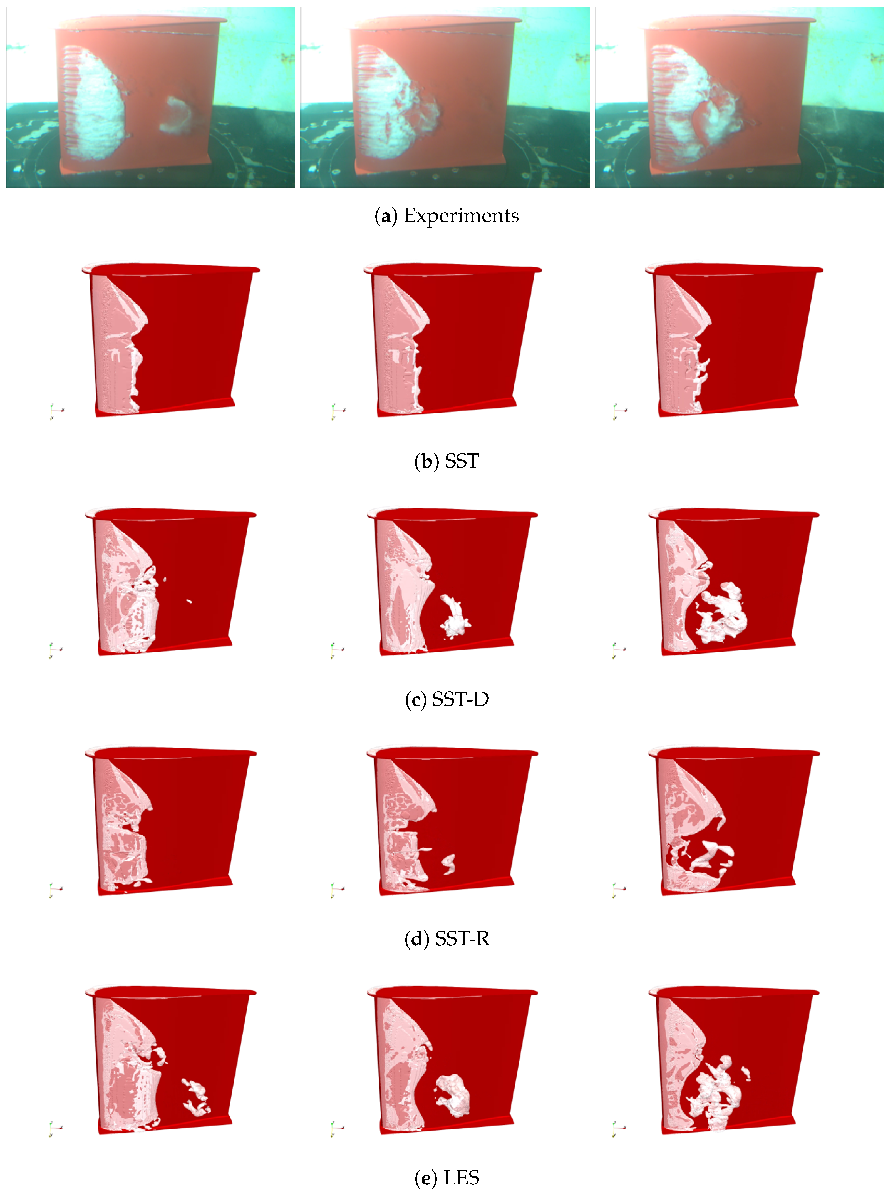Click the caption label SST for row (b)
(x=461, y=461)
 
